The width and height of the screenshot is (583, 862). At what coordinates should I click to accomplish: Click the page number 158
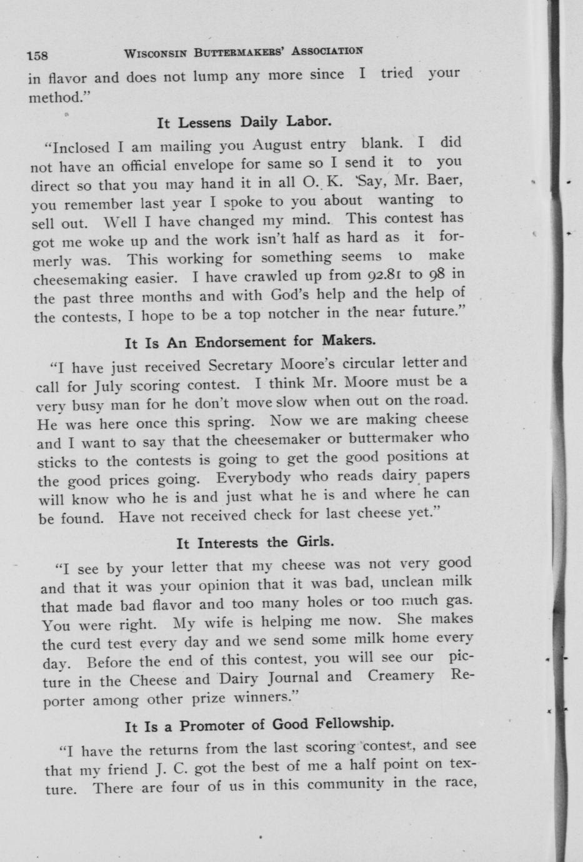click(37, 56)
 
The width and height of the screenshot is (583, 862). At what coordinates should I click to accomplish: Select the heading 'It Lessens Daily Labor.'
click(244, 121)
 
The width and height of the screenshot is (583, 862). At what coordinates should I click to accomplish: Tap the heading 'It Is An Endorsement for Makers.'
click(250, 342)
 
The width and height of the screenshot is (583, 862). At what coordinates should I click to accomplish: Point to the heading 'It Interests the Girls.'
click(255, 542)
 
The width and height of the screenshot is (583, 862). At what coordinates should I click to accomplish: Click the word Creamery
click(401, 675)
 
